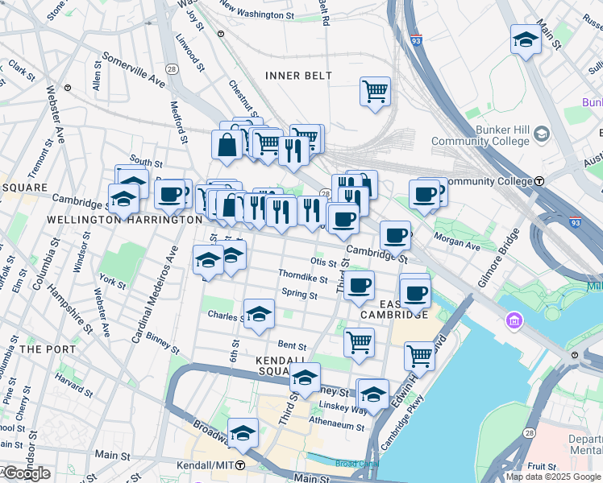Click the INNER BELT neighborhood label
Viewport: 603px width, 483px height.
298,76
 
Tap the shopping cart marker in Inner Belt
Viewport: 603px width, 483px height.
375,91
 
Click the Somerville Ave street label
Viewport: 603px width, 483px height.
133,70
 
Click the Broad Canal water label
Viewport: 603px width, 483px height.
356,464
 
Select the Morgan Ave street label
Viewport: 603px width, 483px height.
456,238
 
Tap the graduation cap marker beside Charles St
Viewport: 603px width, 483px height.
260,314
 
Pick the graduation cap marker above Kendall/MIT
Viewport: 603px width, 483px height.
243,433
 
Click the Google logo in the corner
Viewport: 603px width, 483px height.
26,473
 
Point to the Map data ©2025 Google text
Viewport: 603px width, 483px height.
554,477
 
